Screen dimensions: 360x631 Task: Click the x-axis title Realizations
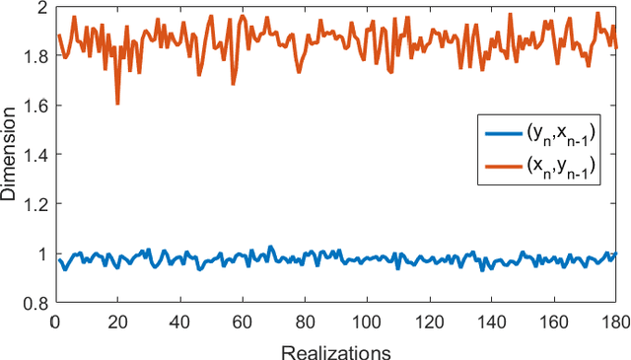coord(335,351)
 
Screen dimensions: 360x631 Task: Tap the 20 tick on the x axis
coord(116,323)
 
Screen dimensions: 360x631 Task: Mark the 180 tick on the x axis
coord(612,323)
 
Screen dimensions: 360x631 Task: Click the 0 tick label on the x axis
coord(54,323)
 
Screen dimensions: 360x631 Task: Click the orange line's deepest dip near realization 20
coord(117,104)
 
